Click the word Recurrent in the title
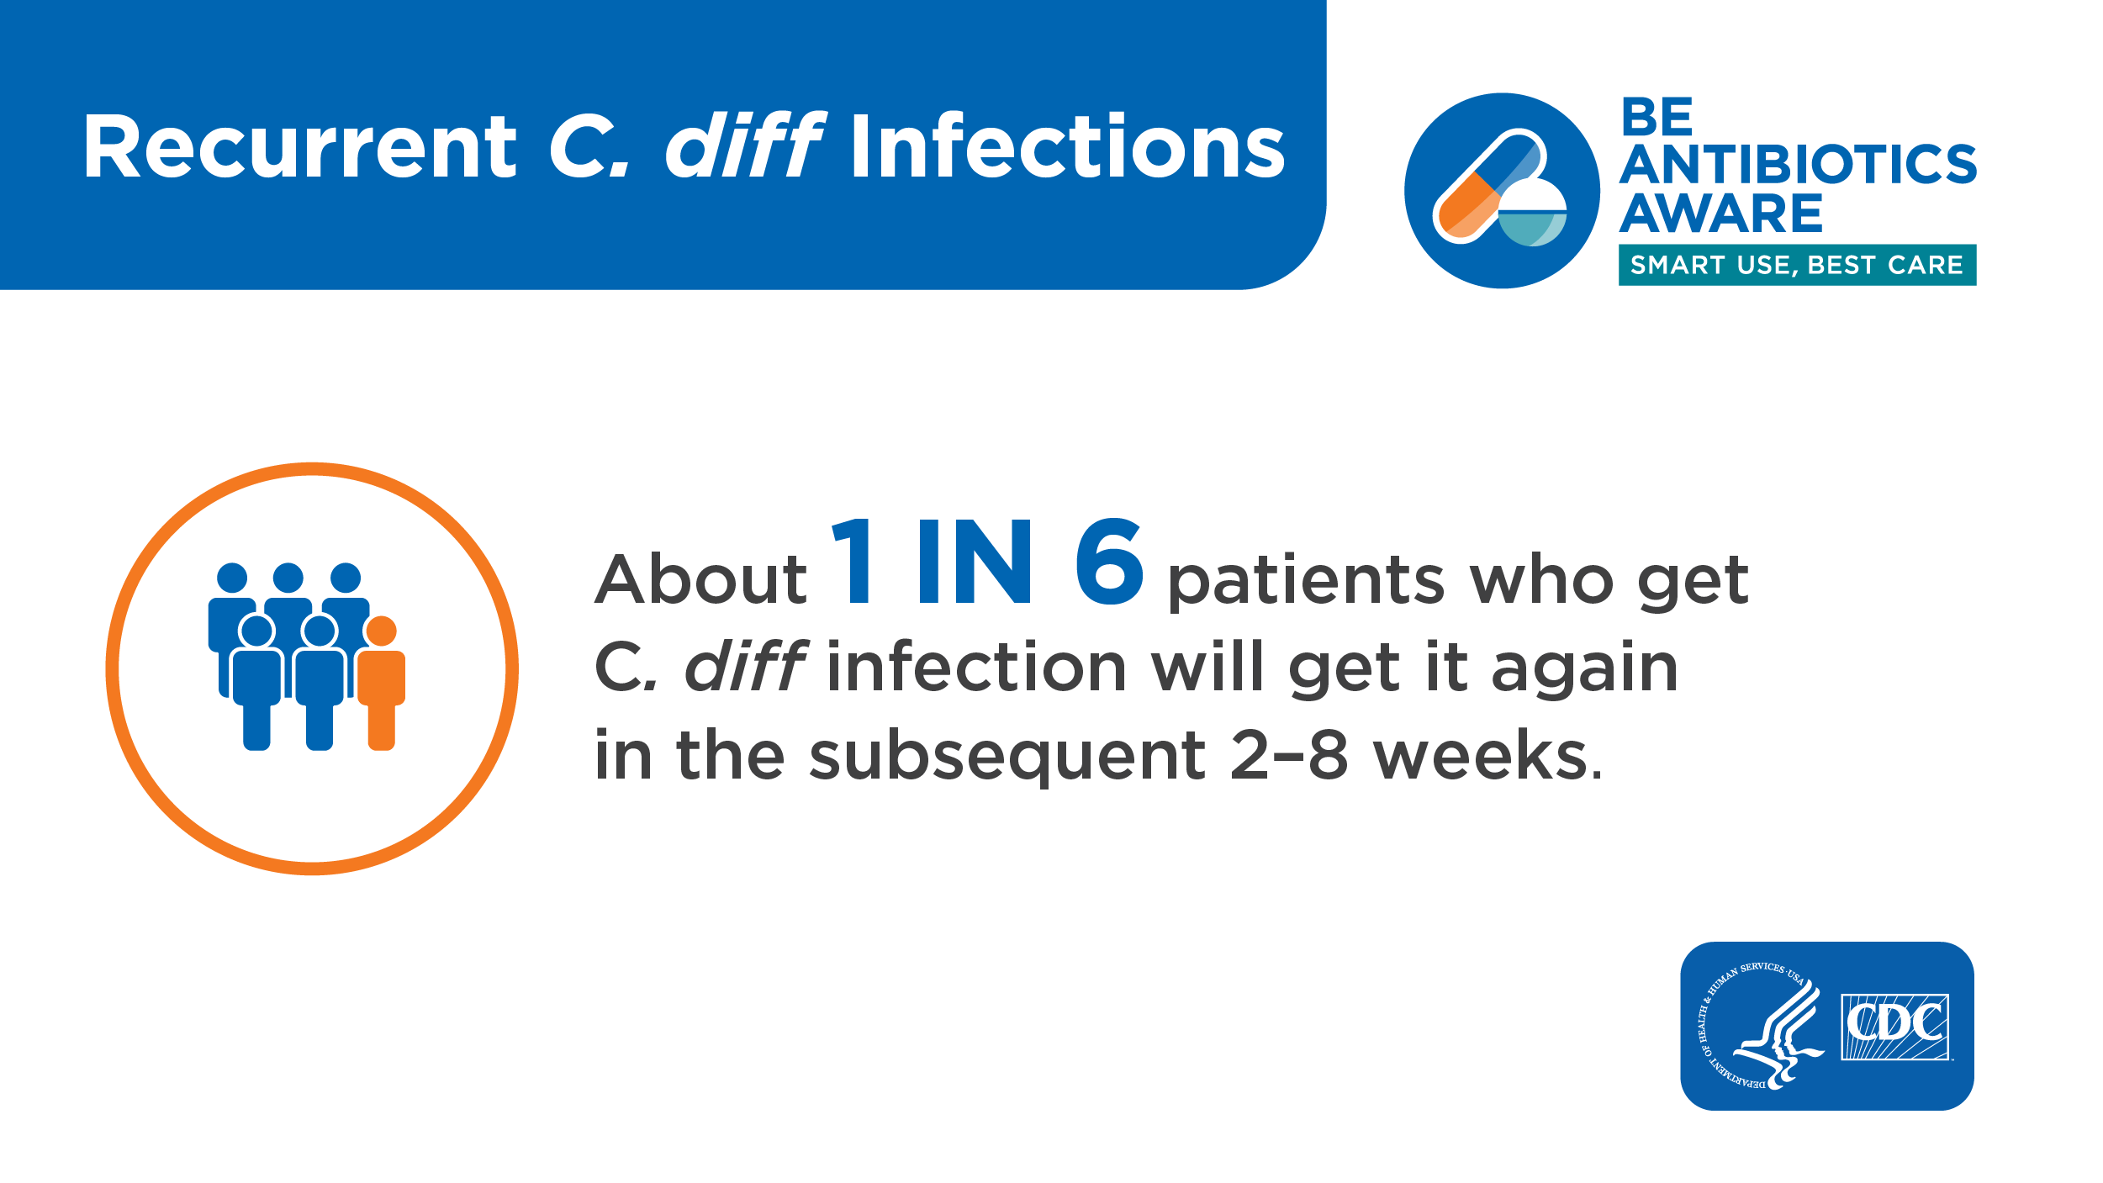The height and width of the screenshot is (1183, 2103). point(300,147)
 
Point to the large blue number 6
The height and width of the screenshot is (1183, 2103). point(1109,562)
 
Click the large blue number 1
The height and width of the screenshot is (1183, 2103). point(853,562)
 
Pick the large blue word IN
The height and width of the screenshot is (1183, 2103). point(975,562)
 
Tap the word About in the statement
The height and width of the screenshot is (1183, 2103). point(700,580)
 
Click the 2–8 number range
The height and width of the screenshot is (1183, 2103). point(1289,756)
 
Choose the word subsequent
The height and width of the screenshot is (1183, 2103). point(1007,757)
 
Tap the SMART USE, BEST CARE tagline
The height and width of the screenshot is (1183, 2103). point(1797,266)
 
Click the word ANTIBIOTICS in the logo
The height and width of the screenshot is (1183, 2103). point(1798,164)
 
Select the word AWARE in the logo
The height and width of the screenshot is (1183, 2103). point(1720,214)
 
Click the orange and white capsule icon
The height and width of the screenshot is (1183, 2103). point(1488,187)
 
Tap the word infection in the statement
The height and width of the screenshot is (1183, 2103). point(977,668)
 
